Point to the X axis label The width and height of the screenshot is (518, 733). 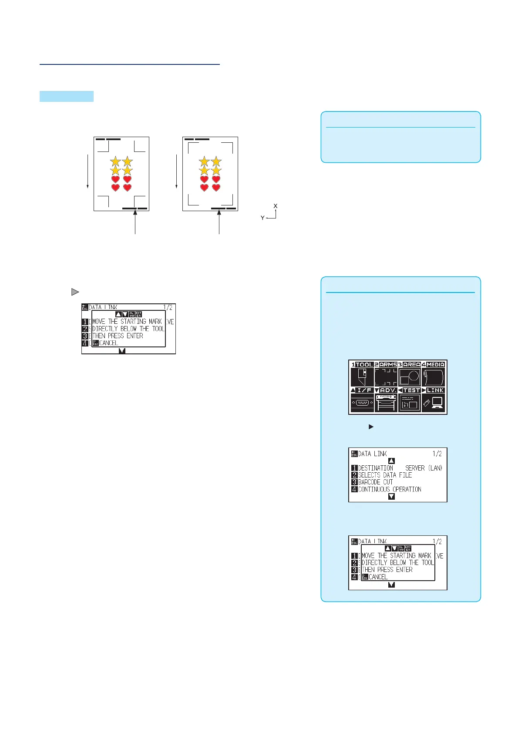[x=276, y=206]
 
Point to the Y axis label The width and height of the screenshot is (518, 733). [x=262, y=218]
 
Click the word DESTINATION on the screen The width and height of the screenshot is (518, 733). [x=375, y=468]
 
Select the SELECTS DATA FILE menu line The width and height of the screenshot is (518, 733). [x=385, y=475]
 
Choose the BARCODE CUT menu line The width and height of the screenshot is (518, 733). [x=375, y=482]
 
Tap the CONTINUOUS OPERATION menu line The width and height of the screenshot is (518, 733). [x=390, y=489]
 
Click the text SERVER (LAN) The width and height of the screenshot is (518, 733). [x=424, y=468]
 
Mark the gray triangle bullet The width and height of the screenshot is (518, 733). [x=75, y=292]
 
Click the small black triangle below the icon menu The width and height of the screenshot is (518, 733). [x=371, y=427]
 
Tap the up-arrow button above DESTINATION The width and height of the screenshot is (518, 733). [x=391, y=461]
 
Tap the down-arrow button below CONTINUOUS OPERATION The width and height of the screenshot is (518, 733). [x=391, y=497]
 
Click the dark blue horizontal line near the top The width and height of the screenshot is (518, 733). [x=130, y=64]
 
